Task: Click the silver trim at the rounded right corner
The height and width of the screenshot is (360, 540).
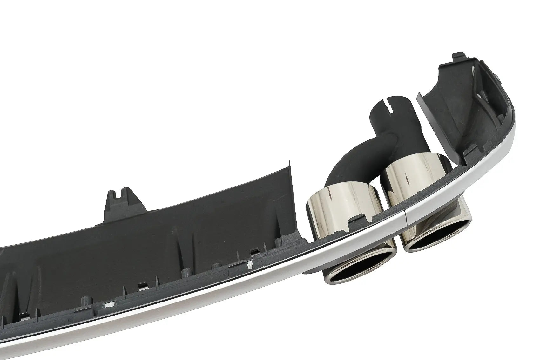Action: pos(505,133)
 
